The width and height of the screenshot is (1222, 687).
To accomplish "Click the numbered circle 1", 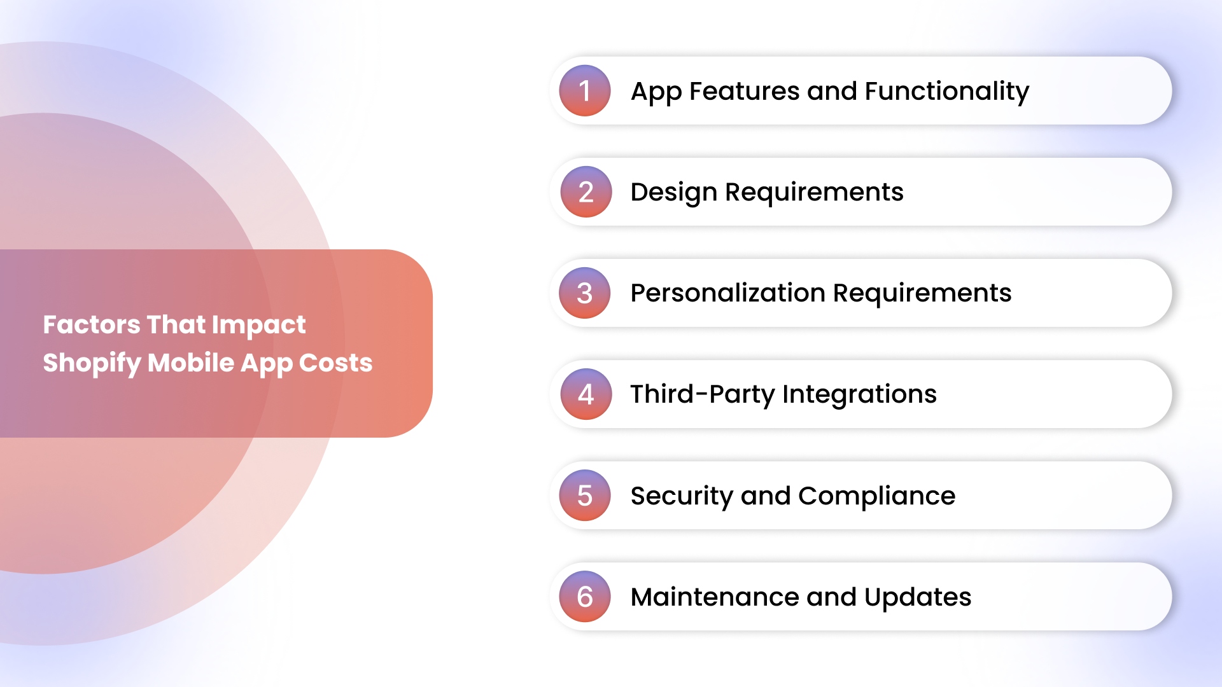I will coord(585,90).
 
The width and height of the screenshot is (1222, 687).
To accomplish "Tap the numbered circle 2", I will coord(586,191).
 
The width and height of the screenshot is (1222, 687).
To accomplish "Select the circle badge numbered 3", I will coord(585,293).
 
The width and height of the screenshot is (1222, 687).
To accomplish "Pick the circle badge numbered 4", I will coord(586,394).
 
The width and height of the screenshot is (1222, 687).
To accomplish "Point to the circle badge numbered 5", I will coord(585,495).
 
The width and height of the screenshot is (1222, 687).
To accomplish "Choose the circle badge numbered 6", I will coord(585,596).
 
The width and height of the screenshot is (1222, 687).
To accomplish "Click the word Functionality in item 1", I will coord(947,91).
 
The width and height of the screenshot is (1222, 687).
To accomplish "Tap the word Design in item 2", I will coord(674,192).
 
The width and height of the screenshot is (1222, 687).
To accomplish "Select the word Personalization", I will coord(727,293).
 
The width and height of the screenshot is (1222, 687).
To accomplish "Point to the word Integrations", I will coord(859,394).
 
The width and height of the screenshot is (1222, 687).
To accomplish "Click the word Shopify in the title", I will coord(92,363).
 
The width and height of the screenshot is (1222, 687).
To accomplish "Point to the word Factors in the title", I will coord(92,324).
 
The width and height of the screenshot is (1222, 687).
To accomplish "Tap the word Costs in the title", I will coord(335,363).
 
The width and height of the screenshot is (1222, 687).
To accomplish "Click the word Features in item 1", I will coord(744,91).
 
